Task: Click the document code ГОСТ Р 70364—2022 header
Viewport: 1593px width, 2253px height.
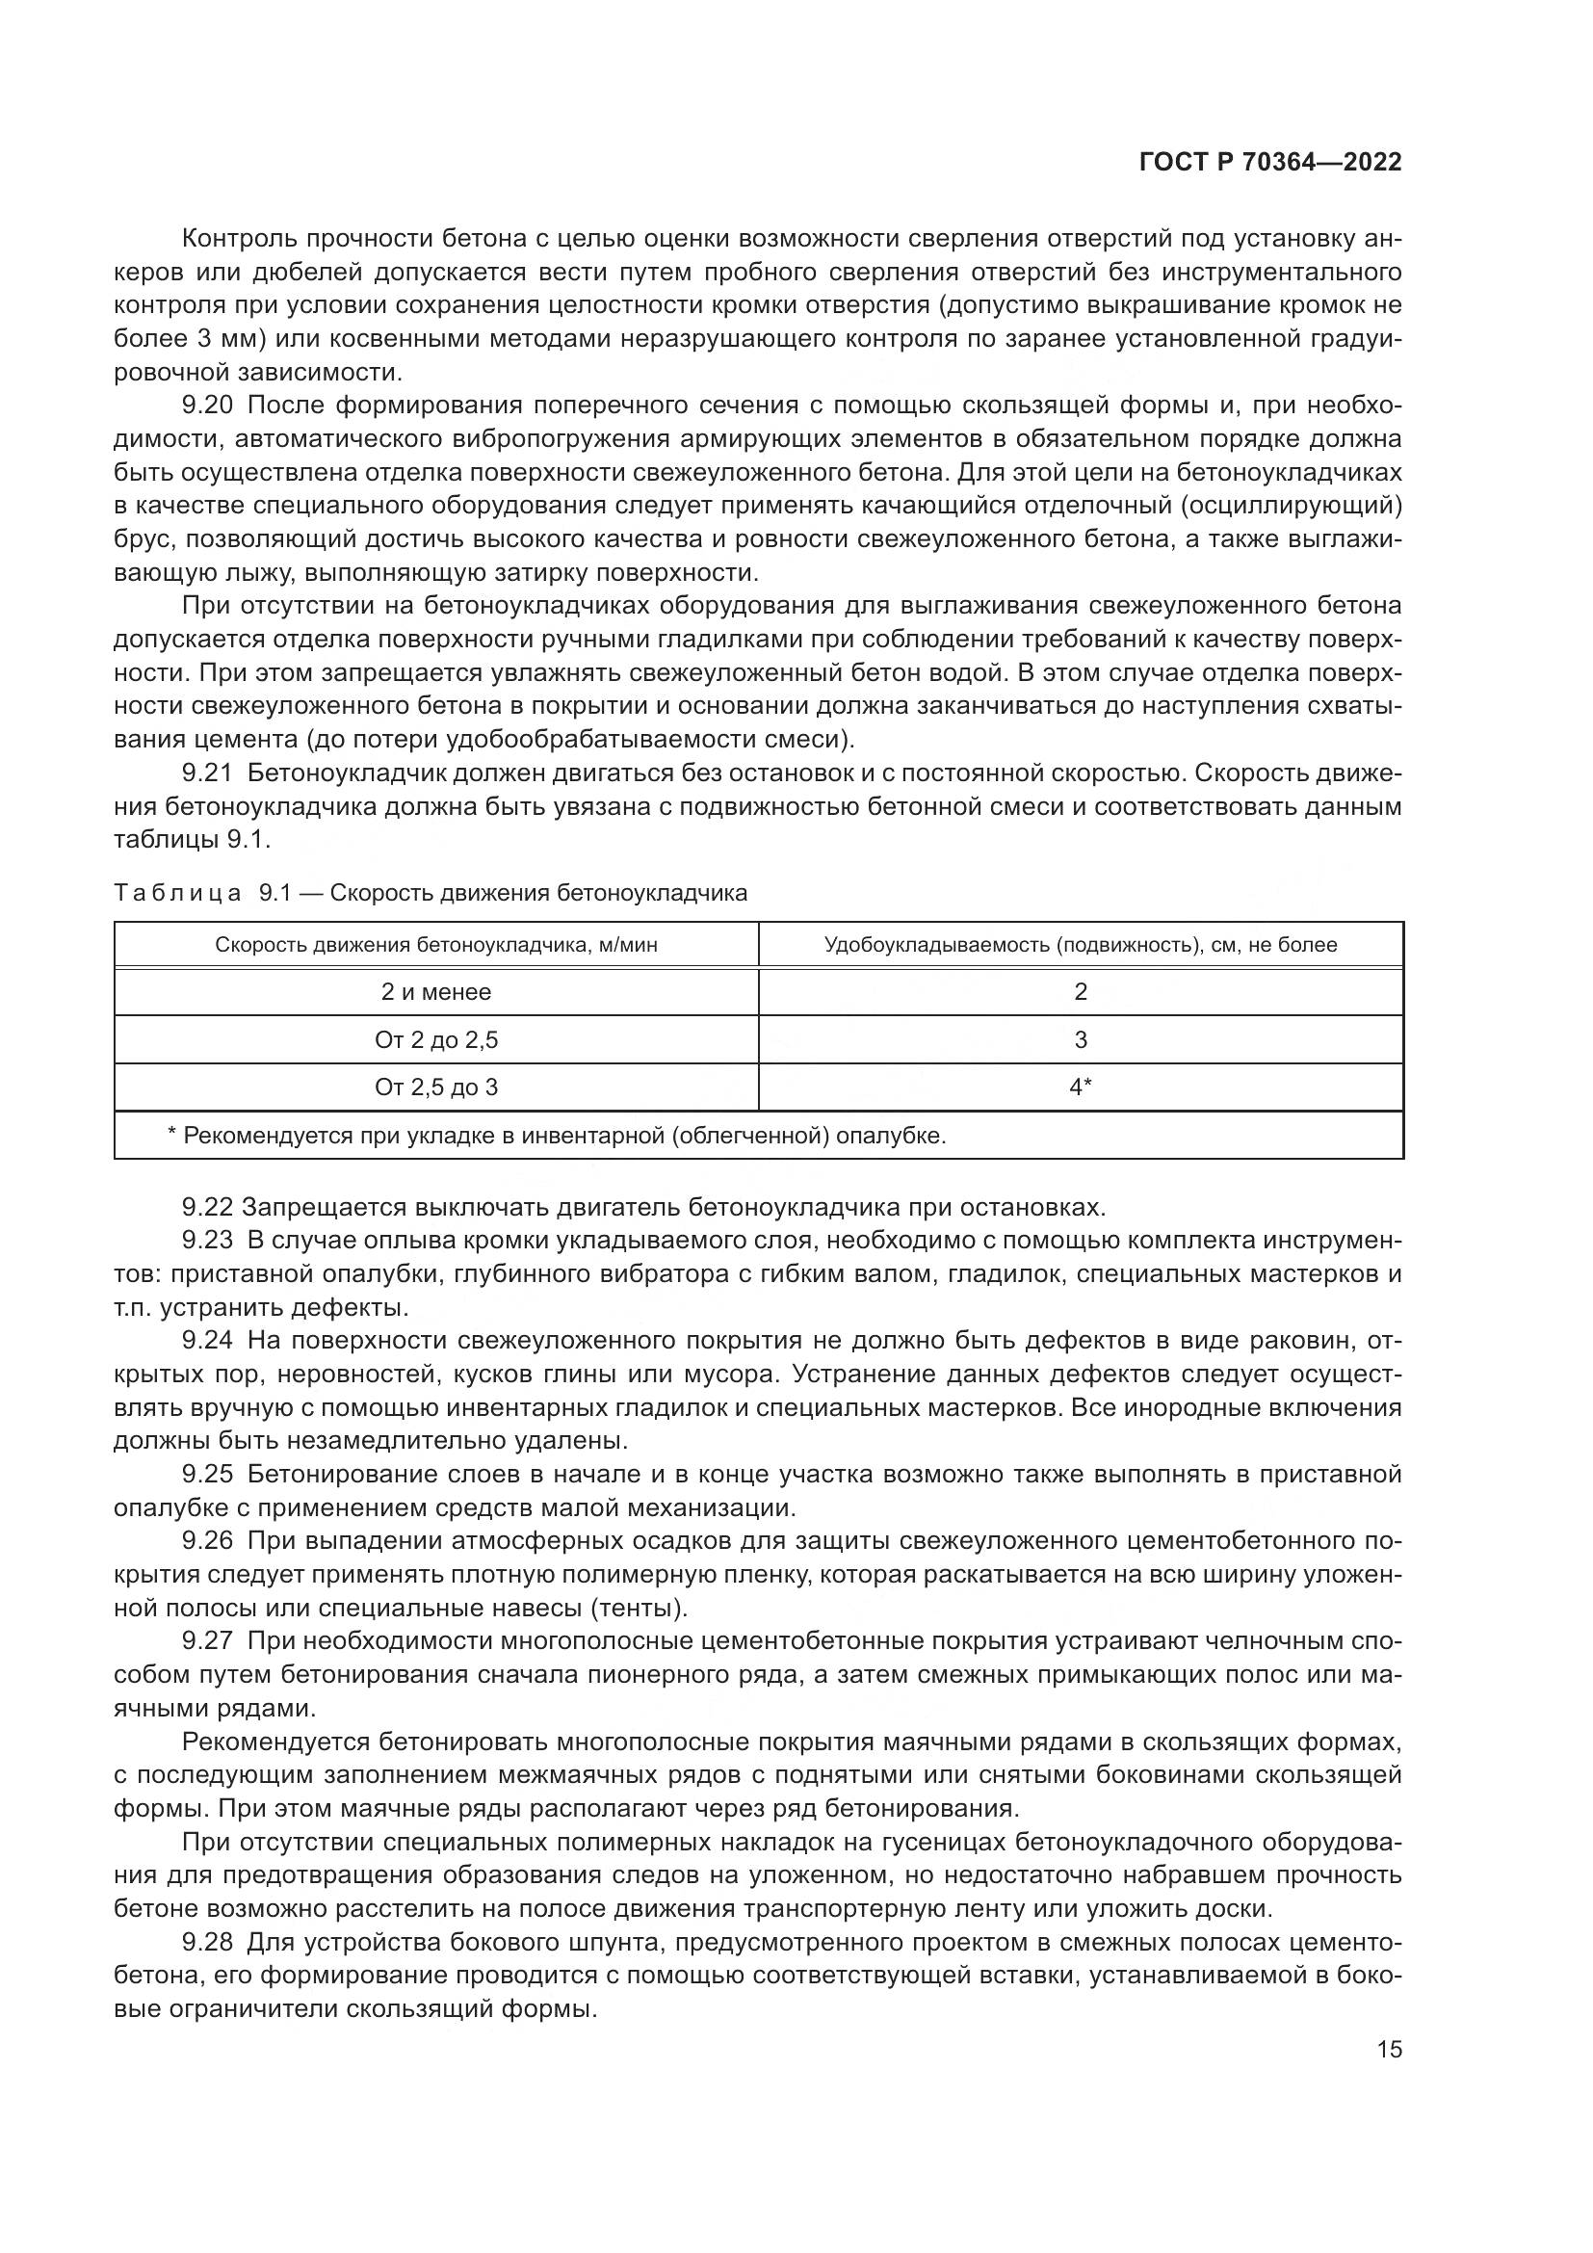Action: (1270, 163)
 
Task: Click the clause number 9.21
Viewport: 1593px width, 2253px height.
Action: (207, 773)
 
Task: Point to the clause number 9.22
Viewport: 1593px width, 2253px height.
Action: (207, 1207)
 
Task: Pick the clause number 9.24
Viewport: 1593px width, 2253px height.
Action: (207, 1341)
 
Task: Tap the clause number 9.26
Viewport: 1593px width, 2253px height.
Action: (207, 1540)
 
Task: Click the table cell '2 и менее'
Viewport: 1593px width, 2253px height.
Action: (436, 992)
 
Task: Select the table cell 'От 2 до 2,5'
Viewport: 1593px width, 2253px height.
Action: (436, 1040)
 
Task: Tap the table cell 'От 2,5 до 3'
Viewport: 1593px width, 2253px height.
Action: (436, 1087)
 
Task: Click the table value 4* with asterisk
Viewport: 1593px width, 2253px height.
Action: (1081, 1087)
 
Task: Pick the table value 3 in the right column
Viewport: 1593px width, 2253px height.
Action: (1081, 1040)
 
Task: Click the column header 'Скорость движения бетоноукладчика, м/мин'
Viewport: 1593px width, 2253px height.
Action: (436, 945)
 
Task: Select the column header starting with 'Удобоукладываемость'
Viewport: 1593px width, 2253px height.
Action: (1081, 945)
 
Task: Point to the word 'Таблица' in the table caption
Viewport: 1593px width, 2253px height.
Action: (177, 893)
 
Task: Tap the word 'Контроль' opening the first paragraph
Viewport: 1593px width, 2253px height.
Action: (241, 239)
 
